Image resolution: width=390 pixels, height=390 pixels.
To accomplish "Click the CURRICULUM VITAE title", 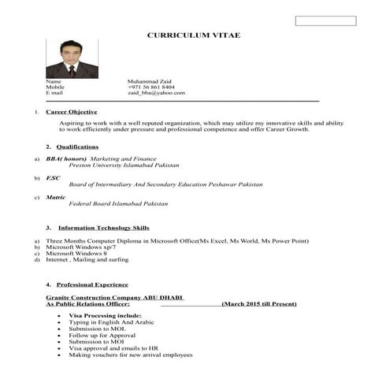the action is coord(194,36).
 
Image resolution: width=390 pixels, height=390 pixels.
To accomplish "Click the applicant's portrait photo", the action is coord(72,59).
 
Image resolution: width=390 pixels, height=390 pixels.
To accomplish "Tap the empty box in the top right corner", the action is coord(325,20).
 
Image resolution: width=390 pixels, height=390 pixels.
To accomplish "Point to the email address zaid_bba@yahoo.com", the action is coord(156,93).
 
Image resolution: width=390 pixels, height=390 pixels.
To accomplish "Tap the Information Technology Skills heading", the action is coord(103,228).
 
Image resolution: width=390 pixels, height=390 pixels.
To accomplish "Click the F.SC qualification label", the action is coord(54,178).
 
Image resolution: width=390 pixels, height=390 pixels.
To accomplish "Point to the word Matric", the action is coord(55,197).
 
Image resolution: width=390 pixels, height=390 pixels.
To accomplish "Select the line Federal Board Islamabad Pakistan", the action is coord(118,203).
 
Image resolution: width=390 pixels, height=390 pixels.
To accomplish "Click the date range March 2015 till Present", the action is coord(259,303).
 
